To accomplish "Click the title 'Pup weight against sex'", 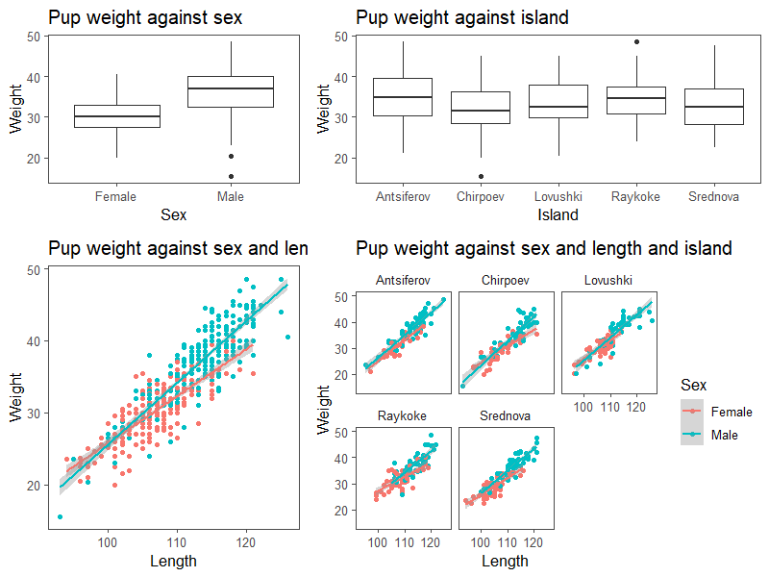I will pyautogui.click(x=145, y=17).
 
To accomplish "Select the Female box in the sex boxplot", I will pyautogui.click(x=115, y=116).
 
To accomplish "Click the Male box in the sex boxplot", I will pyautogui.click(x=231, y=91).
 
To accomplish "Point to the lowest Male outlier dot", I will pyautogui.click(x=231, y=176).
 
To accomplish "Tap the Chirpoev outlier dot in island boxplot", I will pyautogui.click(x=481, y=176).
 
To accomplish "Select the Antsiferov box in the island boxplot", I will pyautogui.click(x=403, y=97).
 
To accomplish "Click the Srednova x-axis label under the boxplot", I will pyautogui.click(x=714, y=197).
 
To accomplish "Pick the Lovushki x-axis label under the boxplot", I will pyautogui.click(x=558, y=197).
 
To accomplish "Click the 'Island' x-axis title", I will pyautogui.click(x=558, y=214).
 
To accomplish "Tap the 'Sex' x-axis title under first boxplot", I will pyautogui.click(x=173, y=214).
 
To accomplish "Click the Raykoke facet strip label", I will pyautogui.click(x=402, y=416).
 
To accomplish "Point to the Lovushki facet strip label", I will pyautogui.click(x=608, y=280).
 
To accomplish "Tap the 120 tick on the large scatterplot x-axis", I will pyautogui.click(x=246, y=542).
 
